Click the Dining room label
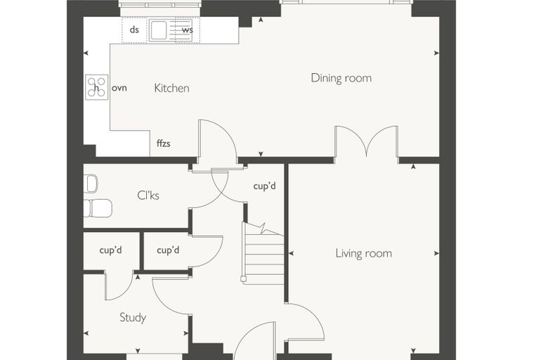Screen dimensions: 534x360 click(x=341, y=78)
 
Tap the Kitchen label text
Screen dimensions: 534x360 click(x=171, y=89)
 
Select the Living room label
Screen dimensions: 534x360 click(x=364, y=254)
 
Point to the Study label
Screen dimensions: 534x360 click(x=133, y=318)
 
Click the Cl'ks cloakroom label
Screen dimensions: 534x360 click(x=148, y=195)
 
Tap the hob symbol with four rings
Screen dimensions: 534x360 click(x=97, y=87)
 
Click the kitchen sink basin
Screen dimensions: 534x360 click(x=158, y=30)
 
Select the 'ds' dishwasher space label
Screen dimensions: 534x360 click(x=134, y=30)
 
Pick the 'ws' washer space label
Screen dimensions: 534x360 click(x=188, y=30)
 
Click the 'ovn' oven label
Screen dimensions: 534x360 click(x=119, y=88)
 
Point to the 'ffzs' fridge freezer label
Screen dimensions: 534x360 click(x=164, y=143)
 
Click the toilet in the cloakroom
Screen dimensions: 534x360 click(x=98, y=208)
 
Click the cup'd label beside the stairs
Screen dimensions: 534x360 click(x=265, y=186)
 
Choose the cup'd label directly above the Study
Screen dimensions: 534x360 click(x=111, y=250)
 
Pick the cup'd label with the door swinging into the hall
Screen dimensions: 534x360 click(x=168, y=250)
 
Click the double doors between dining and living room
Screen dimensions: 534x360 click(x=367, y=141)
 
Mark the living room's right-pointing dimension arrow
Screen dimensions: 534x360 click(x=436, y=254)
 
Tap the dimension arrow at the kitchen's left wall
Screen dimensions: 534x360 click(x=86, y=53)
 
